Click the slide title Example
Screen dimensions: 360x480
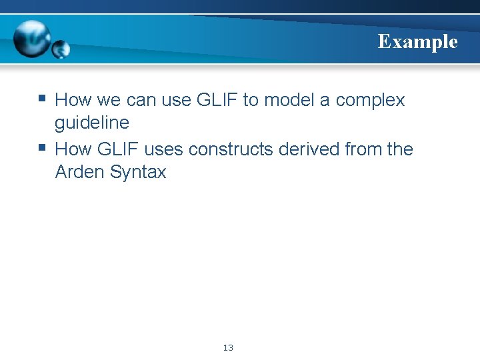417,42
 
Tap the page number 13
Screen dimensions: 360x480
228,347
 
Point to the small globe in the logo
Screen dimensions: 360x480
61,49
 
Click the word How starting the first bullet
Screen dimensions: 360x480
73,100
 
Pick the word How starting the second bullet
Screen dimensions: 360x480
73,149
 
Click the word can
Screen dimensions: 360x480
137,101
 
